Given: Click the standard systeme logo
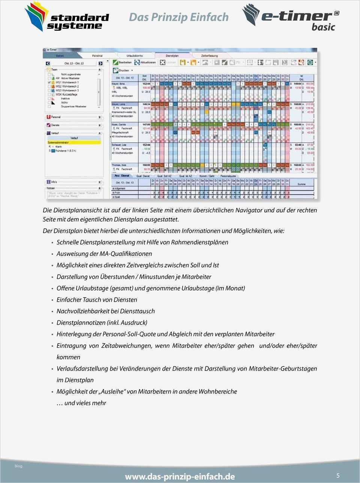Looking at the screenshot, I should (66, 17).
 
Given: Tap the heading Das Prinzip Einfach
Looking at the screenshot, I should (178, 17).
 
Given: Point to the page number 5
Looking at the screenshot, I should (338, 476).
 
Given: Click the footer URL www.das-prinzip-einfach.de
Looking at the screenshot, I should (180, 476).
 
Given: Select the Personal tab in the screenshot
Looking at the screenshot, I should (97, 56).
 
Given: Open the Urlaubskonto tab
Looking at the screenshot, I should (135, 56).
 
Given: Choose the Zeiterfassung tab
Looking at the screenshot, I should (209, 56).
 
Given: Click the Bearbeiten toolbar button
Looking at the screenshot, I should (123, 63).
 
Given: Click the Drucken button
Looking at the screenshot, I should (121, 70).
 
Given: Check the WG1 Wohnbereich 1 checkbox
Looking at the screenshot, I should (49, 82).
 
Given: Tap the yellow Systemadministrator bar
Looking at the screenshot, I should (74, 143).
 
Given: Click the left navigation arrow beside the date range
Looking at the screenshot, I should (48, 63).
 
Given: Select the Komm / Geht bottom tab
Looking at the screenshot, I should (207, 176).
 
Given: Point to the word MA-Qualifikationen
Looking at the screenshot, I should (126, 254).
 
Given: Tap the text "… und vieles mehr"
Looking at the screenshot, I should (81, 403).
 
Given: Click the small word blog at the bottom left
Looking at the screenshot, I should (18, 466).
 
